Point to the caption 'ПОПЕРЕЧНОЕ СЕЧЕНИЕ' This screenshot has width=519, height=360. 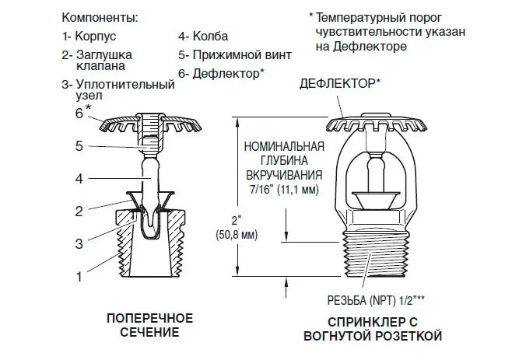[x=149, y=325]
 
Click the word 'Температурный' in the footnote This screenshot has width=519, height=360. [x=364, y=16]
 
